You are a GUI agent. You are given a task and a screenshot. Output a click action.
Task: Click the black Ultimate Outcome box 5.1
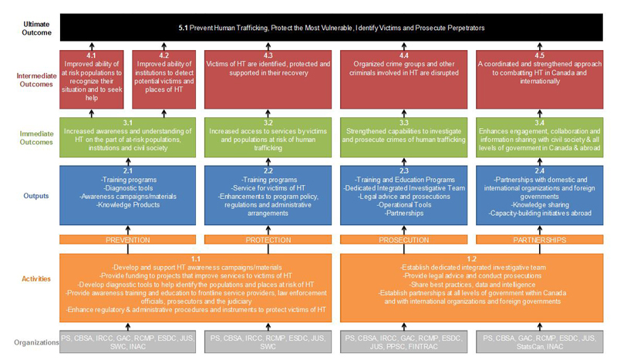point(332,28)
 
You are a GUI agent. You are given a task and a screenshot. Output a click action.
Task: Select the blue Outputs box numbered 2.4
point(539,195)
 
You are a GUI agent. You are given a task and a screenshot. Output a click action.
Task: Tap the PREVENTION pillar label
point(127,240)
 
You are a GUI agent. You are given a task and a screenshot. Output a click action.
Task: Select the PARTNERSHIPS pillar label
point(539,240)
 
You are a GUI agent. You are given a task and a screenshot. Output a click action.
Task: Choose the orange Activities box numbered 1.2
point(473,286)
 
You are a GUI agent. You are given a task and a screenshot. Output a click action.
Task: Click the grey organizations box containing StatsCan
point(539,341)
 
